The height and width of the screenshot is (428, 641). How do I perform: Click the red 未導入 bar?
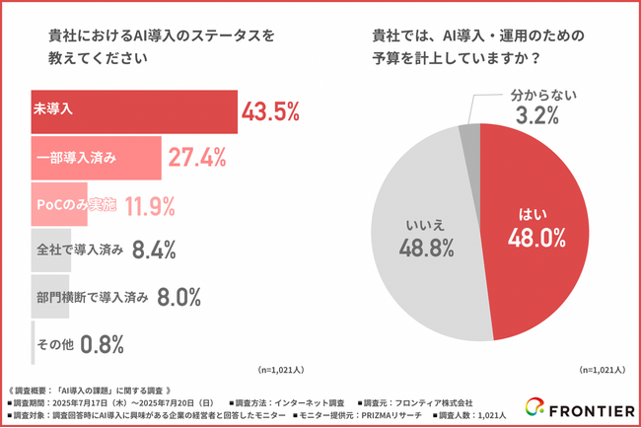[x=134, y=111]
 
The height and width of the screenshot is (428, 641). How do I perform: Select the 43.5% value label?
[x=270, y=111]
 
